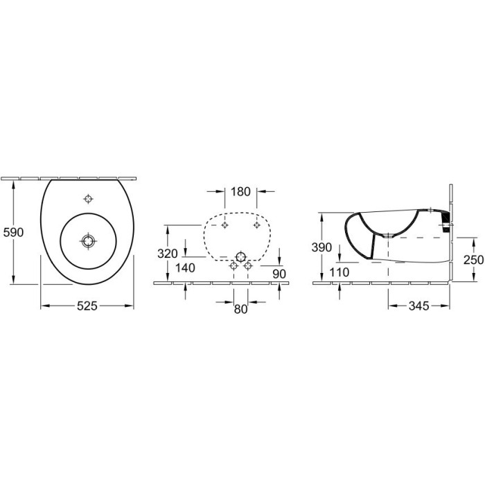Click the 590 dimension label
13,232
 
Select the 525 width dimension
87,306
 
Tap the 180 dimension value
240,192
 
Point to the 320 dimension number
168,254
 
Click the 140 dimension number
185,268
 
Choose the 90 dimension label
279,274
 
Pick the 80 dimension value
240,309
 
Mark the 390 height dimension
321,247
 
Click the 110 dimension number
339,272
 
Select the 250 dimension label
473,260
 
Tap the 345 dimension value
418,306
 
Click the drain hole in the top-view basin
88,240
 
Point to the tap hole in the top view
89,199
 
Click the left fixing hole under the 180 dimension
225,225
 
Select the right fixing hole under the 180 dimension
256,225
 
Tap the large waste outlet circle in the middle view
240,257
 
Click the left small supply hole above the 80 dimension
234,265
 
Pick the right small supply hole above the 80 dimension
247,265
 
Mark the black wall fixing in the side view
446,222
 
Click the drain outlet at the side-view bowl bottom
388,236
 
